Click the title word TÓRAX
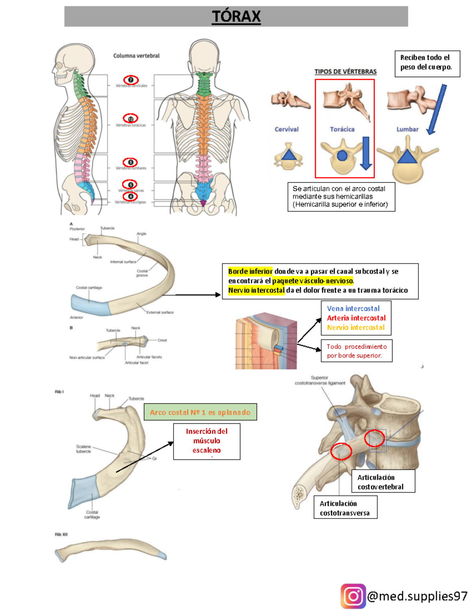pyautogui.click(x=236, y=17)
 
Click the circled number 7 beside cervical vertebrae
pyautogui.click(x=131, y=80)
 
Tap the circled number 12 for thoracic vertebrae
pyautogui.click(x=131, y=118)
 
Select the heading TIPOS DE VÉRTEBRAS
pyautogui.click(x=345, y=72)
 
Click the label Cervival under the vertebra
pyautogui.click(x=286, y=129)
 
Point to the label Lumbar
pyautogui.click(x=407, y=129)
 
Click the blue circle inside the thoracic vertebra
pyautogui.click(x=342, y=156)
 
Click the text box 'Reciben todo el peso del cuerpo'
pyautogui.click(x=427, y=62)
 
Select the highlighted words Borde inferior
pyautogui.click(x=250, y=271)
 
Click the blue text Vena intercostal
pyautogui.click(x=353, y=309)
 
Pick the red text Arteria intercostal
pyautogui.click(x=356, y=318)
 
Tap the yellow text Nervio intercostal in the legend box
pyautogui.click(x=356, y=327)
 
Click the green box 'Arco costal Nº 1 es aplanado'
pyautogui.click(x=200, y=412)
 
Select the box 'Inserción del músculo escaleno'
pyautogui.click(x=206, y=441)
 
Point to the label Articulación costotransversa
pyautogui.click(x=345, y=508)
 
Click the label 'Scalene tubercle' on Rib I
pyautogui.click(x=83, y=449)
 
